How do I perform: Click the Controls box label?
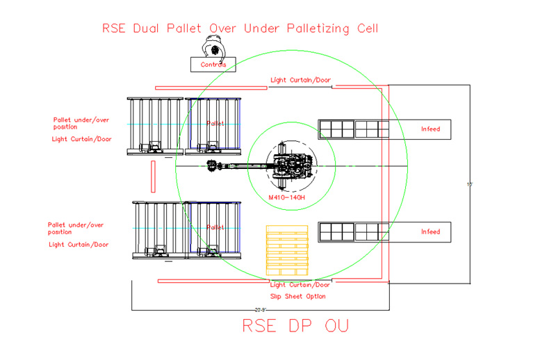pyautogui.click(x=213, y=65)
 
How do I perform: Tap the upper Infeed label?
pyautogui.click(x=430, y=129)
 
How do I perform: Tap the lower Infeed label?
pyautogui.click(x=430, y=231)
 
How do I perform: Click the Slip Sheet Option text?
pyautogui.click(x=297, y=296)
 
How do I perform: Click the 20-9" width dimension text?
pyautogui.click(x=261, y=309)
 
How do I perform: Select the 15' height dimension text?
pyautogui.click(x=470, y=184)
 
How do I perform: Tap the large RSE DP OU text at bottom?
pyautogui.click(x=295, y=326)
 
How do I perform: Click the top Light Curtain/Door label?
pyautogui.click(x=300, y=81)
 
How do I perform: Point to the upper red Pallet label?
pyautogui.click(x=215, y=124)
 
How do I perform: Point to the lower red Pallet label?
pyautogui.click(x=215, y=227)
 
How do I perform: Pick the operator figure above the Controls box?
pyautogui.click(x=214, y=49)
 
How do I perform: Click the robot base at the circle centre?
pyautogui.click(x=291, y=167)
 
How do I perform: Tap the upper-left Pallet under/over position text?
pyautogui.click(x=79, y=123)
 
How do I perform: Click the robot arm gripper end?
pyautogui.click(x=211, y=166)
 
